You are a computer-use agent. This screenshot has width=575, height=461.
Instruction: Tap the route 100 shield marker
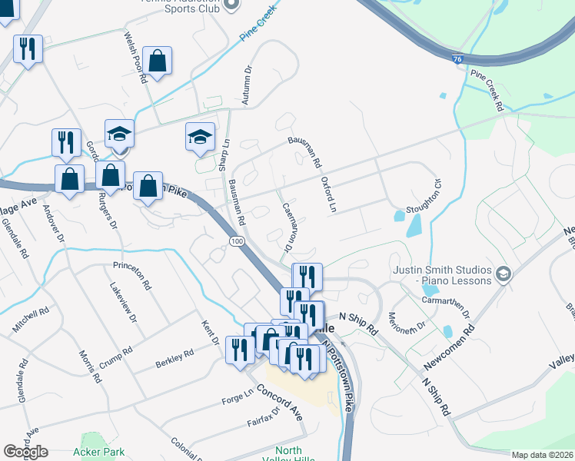tap(236, 241)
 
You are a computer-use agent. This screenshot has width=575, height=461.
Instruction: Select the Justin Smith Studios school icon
tap(503, 274)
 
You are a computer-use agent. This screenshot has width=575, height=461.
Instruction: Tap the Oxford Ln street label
tap(328, 194)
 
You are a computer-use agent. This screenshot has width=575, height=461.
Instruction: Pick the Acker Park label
tap(98, 453)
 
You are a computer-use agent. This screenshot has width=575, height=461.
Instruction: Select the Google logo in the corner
tap(26, 451)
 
